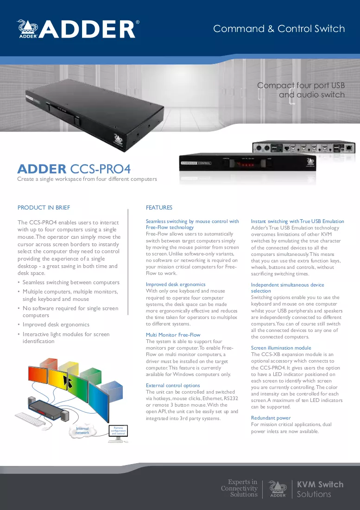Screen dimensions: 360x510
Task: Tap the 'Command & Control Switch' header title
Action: tap(279, 29)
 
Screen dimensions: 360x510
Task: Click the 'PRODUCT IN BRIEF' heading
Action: tap(44, 208)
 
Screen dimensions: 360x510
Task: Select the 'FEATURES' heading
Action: tap(159, 208)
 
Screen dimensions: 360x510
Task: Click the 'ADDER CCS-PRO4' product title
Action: tap(74, 169)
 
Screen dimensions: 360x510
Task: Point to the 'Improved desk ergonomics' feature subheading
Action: tap(176, 284)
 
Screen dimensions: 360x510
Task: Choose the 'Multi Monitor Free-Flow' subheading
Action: tap(173, 335)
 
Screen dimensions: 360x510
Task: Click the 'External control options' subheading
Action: tap(173, 385)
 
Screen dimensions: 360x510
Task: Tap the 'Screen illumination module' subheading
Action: tap(281, 348)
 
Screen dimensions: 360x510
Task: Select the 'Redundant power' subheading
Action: tap(271, 418)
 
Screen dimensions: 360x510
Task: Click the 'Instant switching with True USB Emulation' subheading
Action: tap(297, 221)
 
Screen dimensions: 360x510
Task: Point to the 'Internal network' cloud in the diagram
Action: tap(82, 431)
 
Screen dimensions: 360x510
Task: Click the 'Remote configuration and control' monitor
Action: tap(118, 432)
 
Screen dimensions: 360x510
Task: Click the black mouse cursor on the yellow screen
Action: tap(68, 381)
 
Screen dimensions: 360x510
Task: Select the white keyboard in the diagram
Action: tap(31, 419)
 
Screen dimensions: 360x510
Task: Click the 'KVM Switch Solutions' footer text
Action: tap(320, 489)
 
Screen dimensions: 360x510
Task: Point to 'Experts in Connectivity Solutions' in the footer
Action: tap(239, 488)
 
